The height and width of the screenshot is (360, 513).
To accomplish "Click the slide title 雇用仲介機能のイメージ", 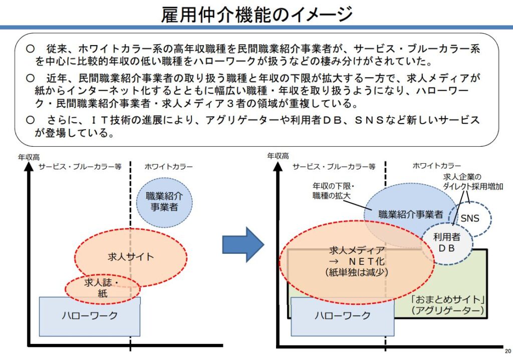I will tap(256, 14).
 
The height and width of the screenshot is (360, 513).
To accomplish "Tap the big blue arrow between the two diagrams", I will tap(242, 244).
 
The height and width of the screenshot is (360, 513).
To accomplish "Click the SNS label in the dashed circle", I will tap(470, 218).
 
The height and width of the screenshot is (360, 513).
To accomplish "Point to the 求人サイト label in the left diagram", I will tap(131, 257).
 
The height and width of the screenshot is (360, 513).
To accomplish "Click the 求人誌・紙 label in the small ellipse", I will tap(102, 288).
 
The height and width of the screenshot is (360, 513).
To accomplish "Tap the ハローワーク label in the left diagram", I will tap(90, 315).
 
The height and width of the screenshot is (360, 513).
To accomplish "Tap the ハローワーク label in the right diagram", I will tap(343, 315).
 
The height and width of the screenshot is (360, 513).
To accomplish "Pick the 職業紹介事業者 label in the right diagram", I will tap(410, 215).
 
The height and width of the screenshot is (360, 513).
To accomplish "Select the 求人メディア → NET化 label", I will tap(357, 261).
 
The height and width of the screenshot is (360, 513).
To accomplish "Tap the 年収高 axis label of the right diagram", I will tap(278, 156).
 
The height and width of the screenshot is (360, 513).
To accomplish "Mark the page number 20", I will tap(507, 350).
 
